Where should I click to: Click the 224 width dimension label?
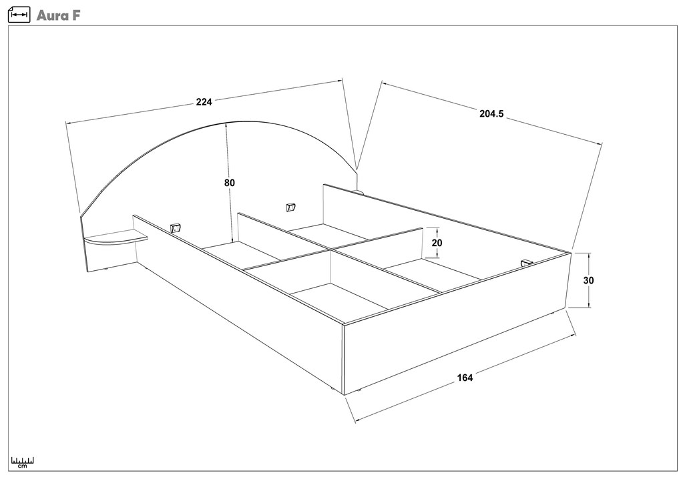click(x=204, y=102)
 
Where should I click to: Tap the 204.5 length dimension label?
click(x=491, y=114)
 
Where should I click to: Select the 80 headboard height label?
click(x=230, y=183)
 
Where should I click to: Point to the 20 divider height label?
click(x=437, y=243)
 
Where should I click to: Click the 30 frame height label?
click(x=588, y=280)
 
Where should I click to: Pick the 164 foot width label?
click(x=465, y=378)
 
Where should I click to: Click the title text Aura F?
click(x=59, y=15)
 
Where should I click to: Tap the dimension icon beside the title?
click(x=19, y=15)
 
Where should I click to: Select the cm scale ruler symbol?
click(x=23, y=462)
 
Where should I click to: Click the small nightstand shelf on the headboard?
click(x=115, y=237)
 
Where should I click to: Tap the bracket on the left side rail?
click(x=176, y=228)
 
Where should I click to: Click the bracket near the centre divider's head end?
click(x=290, y=207)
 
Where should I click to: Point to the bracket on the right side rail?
click(x=526, y=264)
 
